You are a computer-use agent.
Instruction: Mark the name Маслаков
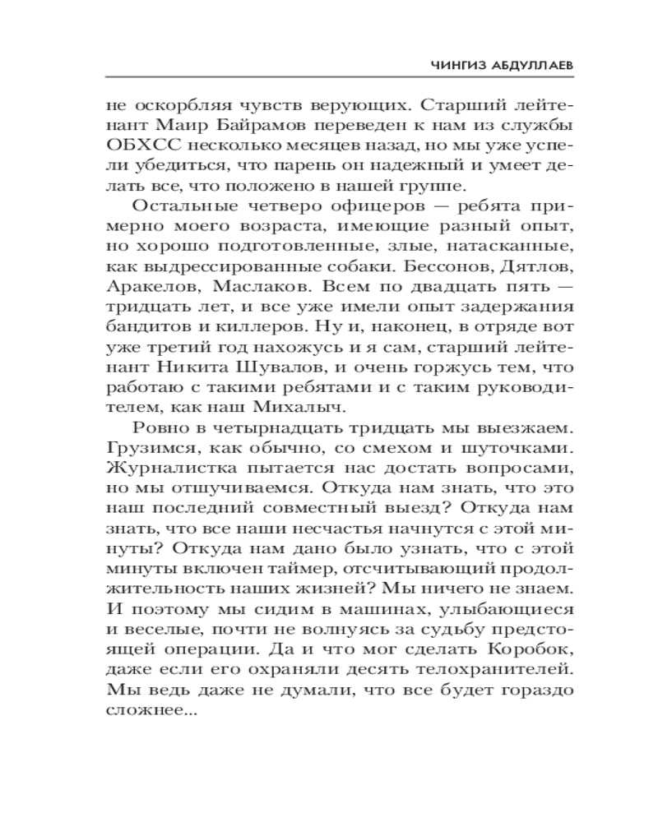(x=253, y=287)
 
